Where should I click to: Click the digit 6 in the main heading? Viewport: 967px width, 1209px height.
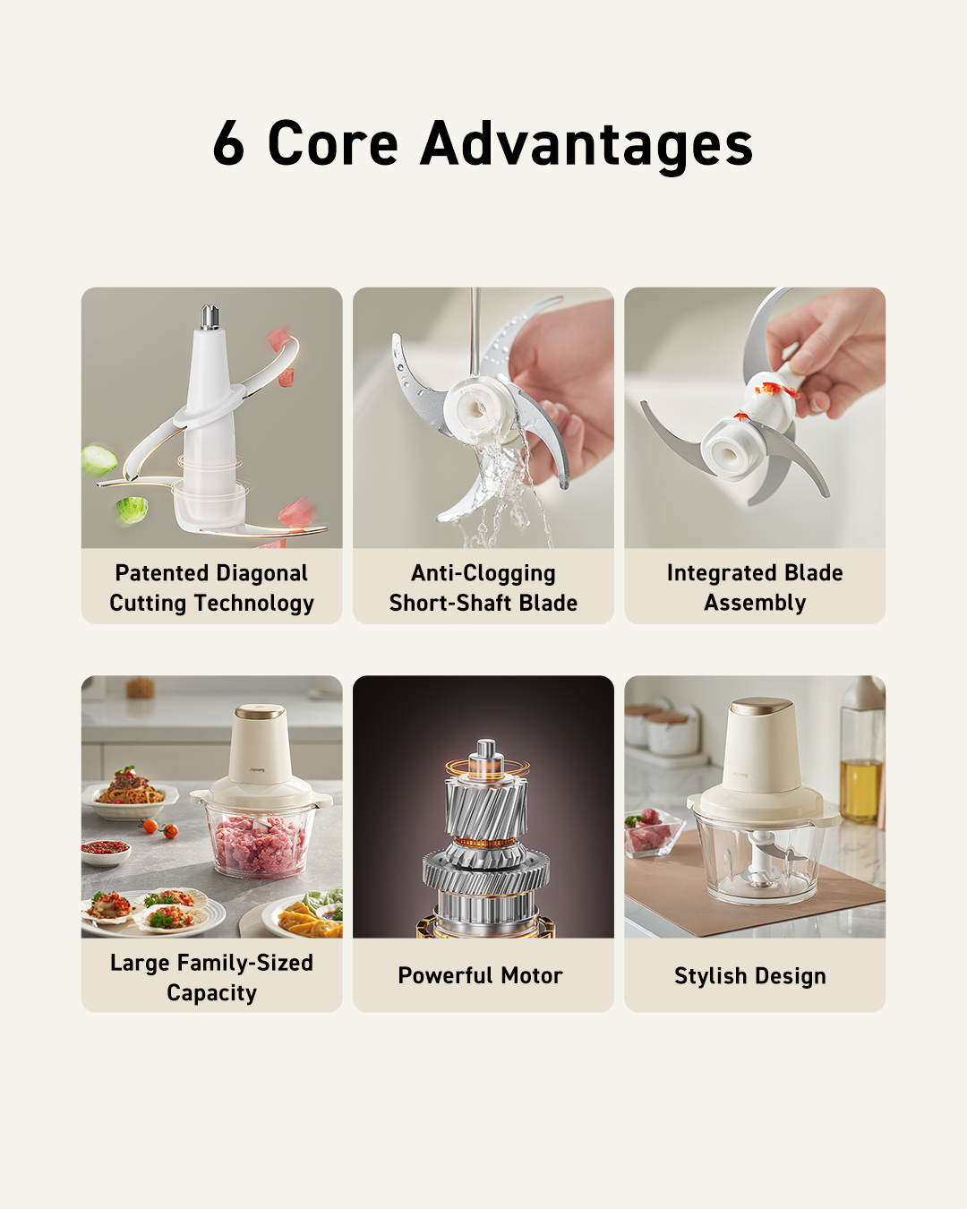(x=228, y=142)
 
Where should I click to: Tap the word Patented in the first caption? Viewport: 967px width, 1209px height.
(x=162, y=573)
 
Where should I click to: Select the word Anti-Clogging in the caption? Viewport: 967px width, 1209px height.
(x=483, y=574)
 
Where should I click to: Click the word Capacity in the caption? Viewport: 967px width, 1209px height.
(x=212, y=992)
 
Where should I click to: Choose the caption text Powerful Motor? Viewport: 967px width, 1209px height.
(x=481, y=975)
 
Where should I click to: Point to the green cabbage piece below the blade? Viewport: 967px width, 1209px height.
(x=132, y=510)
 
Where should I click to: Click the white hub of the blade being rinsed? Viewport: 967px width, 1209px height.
(x=475, y=408)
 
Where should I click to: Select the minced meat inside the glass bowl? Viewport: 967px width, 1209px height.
(x=260, y=844)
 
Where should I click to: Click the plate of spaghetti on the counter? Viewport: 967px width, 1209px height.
(x=131, y=793)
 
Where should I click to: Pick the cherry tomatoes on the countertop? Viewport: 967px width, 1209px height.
(x=160, y=828)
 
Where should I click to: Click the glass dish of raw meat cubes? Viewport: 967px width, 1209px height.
(x=654, y=833)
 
